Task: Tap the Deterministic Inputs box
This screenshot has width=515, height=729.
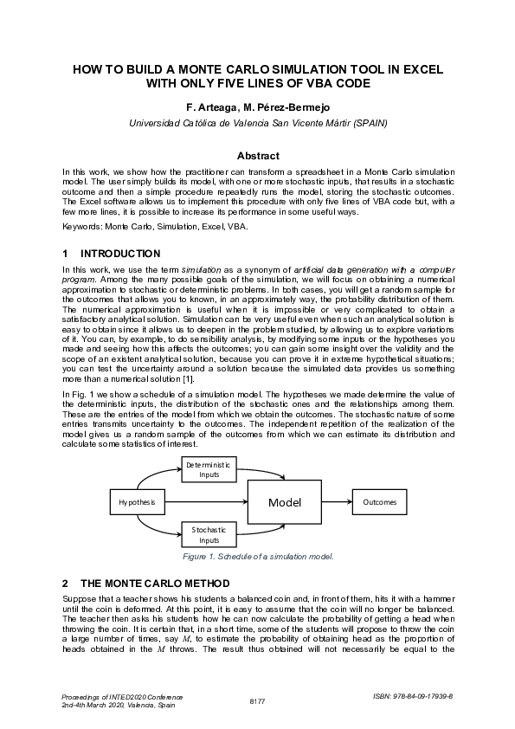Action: click(209, 469)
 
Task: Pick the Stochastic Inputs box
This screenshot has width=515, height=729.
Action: click(209, 534)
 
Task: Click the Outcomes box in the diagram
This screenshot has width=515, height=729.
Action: click(379, 502)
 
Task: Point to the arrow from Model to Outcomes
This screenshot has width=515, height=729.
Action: click(335, 502)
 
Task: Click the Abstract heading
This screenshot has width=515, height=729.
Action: click(257, 156)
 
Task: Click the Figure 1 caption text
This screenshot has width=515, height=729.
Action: click(257, 557)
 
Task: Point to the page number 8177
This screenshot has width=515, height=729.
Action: click(257, 700)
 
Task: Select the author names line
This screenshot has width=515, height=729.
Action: click(257, 108)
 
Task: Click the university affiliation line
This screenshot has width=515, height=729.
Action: click(257, 123)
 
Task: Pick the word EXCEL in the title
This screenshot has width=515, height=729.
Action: click(422, 68)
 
